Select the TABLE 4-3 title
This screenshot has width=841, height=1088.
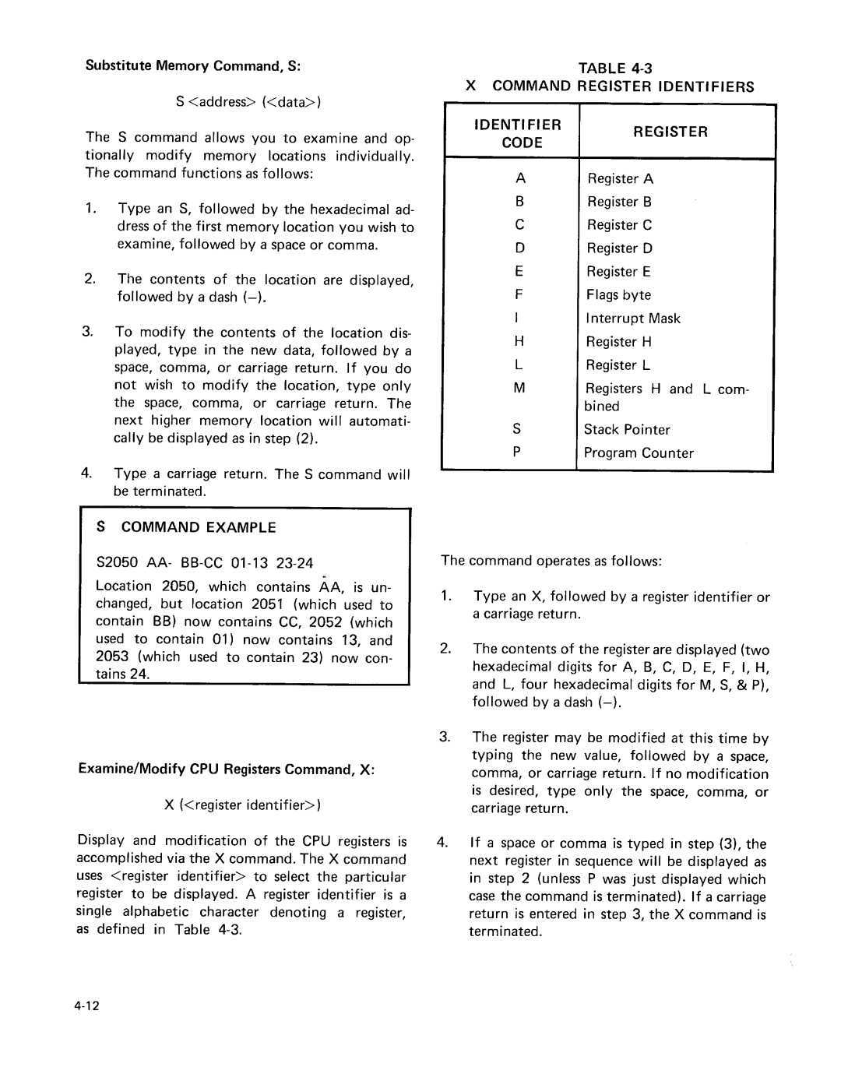(x=610, y=68)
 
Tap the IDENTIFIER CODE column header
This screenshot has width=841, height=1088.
(x=522, y=133)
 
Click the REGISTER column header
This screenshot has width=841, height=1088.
(x=670, y=132)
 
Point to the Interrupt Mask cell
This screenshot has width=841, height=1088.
(x=632, y=319)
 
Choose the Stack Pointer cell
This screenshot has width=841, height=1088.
(x=627, y=430)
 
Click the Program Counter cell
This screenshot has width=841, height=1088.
(x=639, y=453)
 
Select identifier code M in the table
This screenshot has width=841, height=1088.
(x=519, y=389)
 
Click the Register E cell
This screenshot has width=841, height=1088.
(x=618, y=272)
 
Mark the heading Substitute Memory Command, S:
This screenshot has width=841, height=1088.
(x=193, y=66)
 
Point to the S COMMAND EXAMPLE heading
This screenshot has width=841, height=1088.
(x=186, y=527)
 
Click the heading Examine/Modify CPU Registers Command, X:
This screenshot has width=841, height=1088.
(x=226, y=769)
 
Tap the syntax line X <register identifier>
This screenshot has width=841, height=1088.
(x=243, y=805)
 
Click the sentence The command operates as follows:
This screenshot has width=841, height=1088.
(x=551, y=561)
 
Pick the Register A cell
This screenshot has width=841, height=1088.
(x=620, y=179)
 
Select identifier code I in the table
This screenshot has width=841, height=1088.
(x=517, y=319)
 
